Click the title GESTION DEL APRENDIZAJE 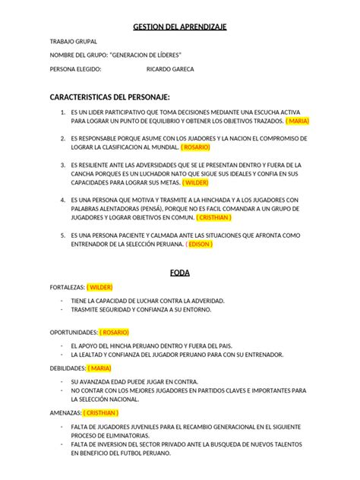(180, 27)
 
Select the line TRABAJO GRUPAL (73, 42)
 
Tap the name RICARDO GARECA (169, 69)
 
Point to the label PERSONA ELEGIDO (75, 69)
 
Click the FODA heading (180, 271)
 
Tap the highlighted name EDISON (200, 245)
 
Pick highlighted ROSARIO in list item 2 (197, 147)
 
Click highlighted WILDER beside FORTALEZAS (99, 288)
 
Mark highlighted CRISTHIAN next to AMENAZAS (100, 412)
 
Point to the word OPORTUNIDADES (74, 332)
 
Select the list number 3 (62, 164)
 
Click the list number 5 (62, 235)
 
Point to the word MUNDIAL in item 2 (164, 147)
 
